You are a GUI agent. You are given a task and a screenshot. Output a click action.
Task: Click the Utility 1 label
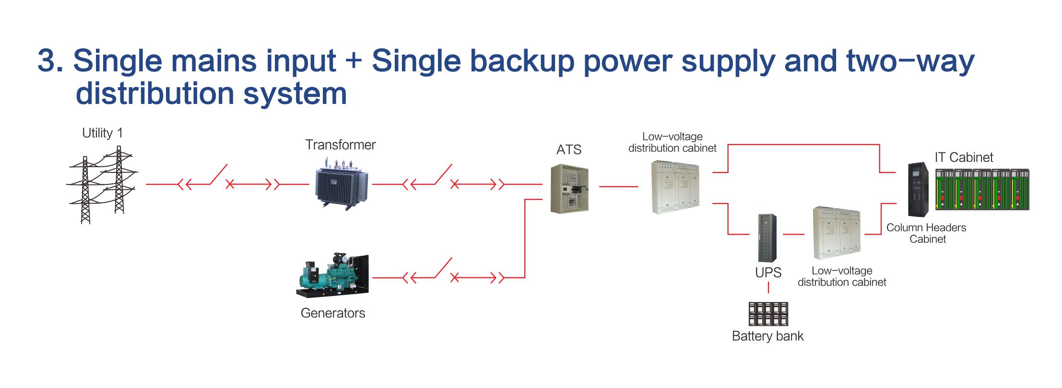click(102, 133)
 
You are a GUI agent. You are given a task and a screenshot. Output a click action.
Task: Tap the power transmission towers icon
click(102, 185)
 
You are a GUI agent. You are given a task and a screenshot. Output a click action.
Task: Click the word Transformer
click(341, 145)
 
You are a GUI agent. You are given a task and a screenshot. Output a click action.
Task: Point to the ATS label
click(569, 150)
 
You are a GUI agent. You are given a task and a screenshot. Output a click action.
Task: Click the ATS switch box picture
click(569, 188)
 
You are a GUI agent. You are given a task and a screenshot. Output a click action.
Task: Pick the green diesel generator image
click(332, 274)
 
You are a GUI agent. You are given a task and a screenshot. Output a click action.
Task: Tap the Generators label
click(333, 313)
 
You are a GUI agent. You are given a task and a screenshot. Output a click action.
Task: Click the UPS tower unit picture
click(767, 238)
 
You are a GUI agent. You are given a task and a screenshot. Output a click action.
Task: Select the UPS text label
click(768, 273)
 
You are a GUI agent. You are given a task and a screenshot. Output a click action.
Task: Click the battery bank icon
click(768, 314)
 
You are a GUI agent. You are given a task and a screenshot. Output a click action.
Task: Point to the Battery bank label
click(767, 336)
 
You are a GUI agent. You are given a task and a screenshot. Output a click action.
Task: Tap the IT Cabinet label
click(964, 157)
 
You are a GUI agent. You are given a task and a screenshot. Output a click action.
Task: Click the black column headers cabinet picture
click(918, 190)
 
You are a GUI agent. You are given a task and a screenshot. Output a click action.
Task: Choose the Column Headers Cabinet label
click(926, 233)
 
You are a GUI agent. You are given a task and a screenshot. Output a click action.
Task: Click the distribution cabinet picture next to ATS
click(675, 187)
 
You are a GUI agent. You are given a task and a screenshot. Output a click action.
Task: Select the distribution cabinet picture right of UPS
click(837, 233)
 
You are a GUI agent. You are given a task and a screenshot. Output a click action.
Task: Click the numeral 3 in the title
click(47, 61)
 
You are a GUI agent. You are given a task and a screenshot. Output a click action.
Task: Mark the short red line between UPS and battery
click(768, 287)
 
